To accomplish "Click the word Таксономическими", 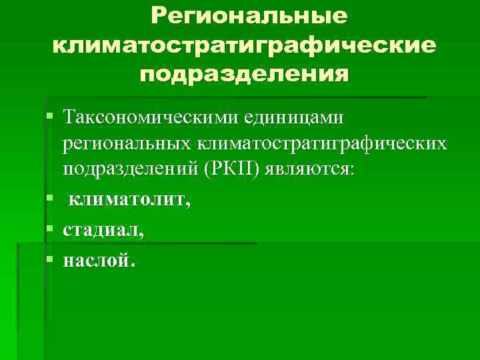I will pos(147,117).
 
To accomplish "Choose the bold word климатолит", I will pos(127,199).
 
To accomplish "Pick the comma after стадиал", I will pos(140,234).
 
